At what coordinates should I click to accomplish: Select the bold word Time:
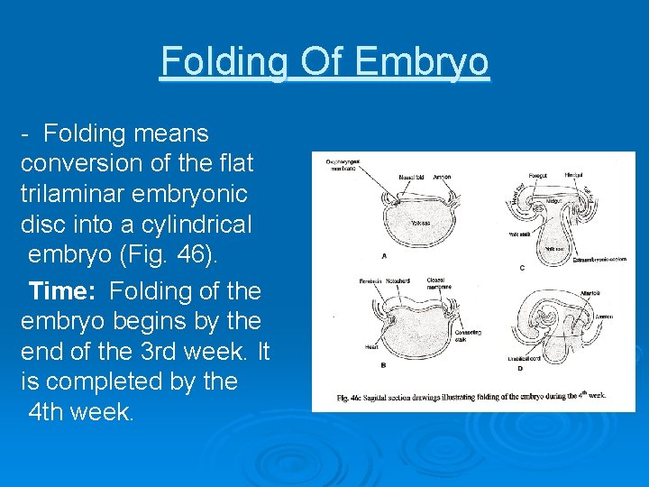[x=68, y=291]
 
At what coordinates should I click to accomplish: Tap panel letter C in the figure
[x=522, y=269]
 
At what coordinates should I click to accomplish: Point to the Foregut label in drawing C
[x=537, y=175]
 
